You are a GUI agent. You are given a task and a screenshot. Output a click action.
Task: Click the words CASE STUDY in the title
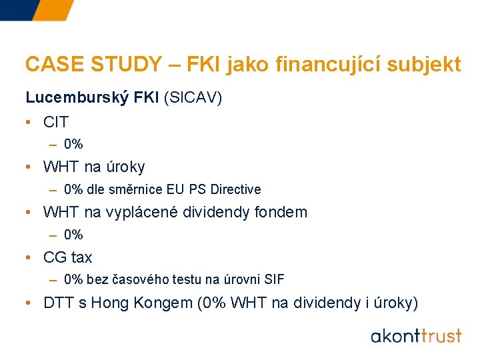[93, 64]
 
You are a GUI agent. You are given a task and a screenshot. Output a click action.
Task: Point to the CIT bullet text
[56, 122]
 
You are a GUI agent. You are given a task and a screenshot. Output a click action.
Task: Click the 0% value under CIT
[73, 144]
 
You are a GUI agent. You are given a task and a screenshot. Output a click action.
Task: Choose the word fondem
[280, 212]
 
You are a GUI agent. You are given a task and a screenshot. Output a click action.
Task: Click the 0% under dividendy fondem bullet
[73, 235]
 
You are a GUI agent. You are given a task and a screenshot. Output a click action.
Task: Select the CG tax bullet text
[67, 257]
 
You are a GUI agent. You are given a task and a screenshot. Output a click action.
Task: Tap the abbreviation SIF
[274, 279]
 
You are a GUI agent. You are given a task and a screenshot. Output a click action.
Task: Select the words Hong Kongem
[141, 303]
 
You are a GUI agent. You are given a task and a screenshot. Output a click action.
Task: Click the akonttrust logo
[416, 335]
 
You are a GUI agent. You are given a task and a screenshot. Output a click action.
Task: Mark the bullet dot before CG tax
[29, 257]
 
